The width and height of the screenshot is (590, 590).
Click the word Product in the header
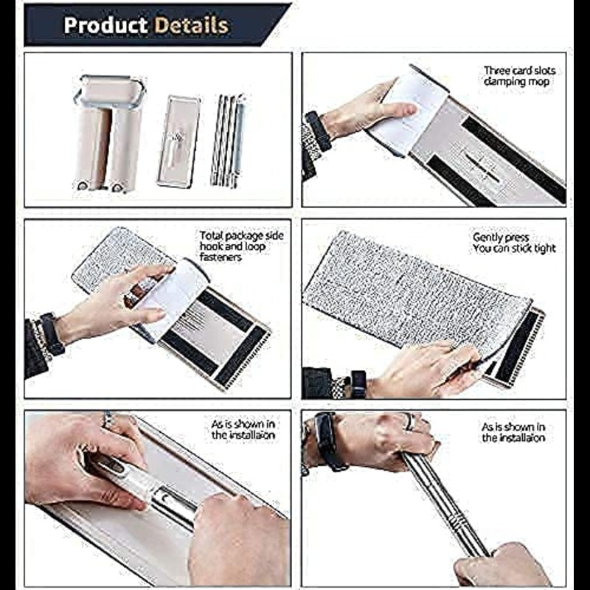tap(105, 25)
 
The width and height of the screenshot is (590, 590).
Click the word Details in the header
tap(192, 25)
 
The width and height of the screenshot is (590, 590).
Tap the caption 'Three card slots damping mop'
tap(519, 76)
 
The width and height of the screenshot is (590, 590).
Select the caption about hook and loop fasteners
tap(241, 246)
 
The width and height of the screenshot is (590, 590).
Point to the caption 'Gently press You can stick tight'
tap(514, 243)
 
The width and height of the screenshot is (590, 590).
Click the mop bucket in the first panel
tap(109, 133)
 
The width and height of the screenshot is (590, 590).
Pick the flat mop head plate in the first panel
tap(178, 142)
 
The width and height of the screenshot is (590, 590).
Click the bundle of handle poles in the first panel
tap(229, 141)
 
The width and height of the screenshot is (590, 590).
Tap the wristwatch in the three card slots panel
tap(318, 131)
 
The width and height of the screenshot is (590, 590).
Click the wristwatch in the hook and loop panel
tap(52, 334)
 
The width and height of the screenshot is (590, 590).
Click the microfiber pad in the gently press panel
tap(416, 292)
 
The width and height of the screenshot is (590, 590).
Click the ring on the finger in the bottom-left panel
tap(108, 420)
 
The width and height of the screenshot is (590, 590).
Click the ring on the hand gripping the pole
tap(409, 421)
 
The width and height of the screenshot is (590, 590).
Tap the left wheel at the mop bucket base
tap(83, 186)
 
